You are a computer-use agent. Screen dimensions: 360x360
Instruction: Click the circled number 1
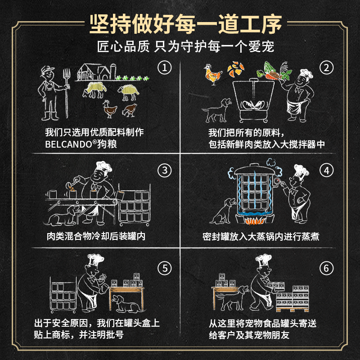(x=165, y=68)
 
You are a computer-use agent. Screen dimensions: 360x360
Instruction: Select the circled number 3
(x=165, y=170)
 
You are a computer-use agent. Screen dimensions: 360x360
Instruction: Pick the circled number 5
(x=165, y=269)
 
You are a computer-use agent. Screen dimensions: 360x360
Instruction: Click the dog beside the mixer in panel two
(x=216, y=111)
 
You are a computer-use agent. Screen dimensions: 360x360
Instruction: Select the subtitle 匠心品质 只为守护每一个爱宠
(x=180, y=47)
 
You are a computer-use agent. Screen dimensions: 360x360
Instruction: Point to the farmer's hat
(x=47, y=71)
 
